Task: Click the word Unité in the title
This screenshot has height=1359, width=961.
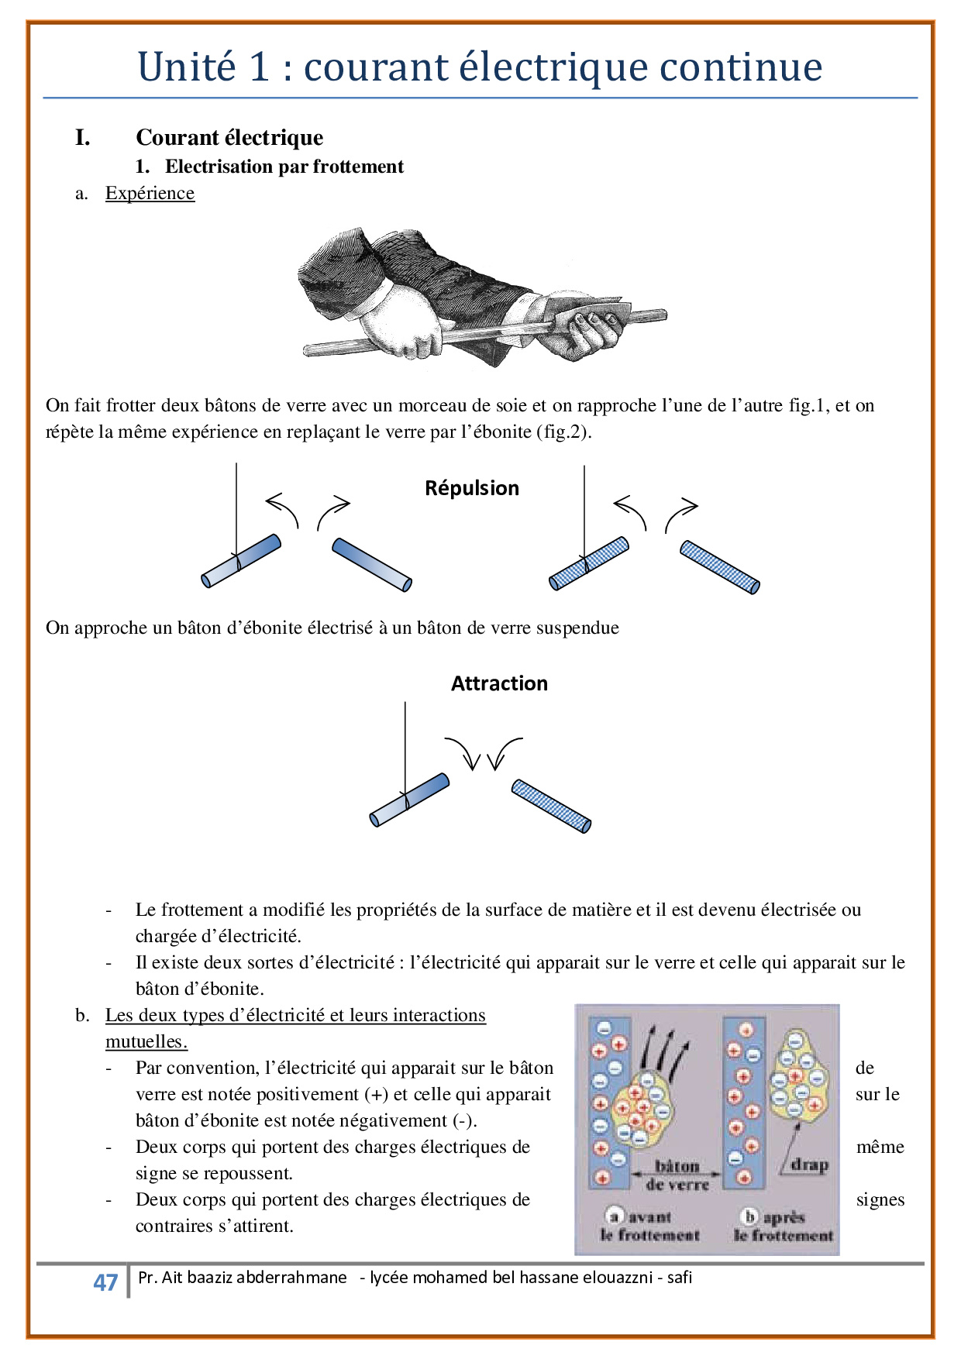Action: coord(187,67)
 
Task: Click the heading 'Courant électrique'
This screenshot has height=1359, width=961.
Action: coord(229,138)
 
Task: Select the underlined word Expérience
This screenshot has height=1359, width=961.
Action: coord(150,193)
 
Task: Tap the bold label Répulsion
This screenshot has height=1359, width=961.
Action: coord(472,488)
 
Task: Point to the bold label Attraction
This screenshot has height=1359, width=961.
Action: coord(499,683)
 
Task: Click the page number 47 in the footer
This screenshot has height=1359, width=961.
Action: coord(105,1282)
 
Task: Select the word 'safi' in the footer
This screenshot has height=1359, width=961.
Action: coord(680,1277)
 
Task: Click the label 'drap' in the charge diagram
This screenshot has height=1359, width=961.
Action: coord(809,1165)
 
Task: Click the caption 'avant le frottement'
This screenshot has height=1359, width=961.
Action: coord(649,1226)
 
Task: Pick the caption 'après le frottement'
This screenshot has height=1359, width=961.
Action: coord(784,1226)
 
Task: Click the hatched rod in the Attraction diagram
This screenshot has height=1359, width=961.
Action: coord(551,806)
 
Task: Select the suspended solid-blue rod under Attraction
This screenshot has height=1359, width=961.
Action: coord(409,800)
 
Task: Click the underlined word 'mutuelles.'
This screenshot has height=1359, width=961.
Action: coord(146,1041)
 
